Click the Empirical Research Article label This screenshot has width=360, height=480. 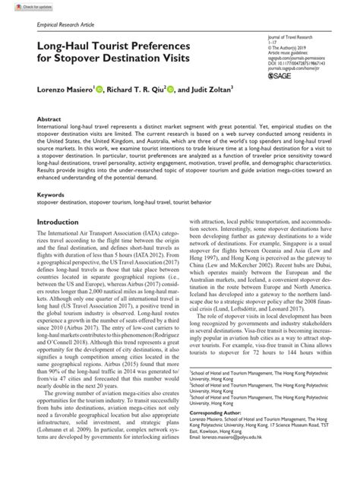(55, 25)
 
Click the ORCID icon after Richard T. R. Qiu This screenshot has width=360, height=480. (172, 89)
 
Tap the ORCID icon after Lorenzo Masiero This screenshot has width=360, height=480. (95, 89)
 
